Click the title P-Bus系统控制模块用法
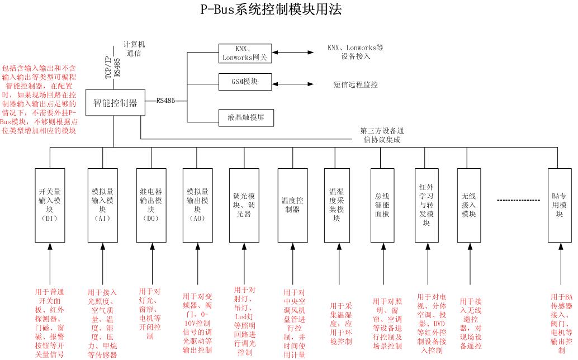pos(271,10)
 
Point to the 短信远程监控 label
pos(355,85)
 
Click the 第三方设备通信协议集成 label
pos(380,136)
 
